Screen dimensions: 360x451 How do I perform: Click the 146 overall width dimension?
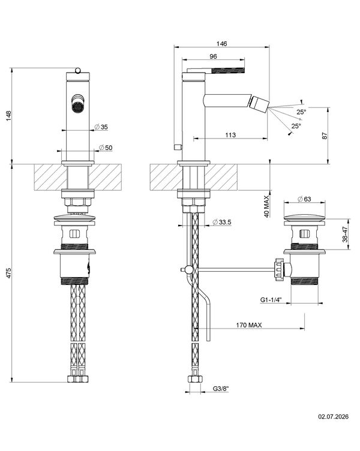pos(221,44)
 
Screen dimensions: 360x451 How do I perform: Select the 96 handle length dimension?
pos(213,56)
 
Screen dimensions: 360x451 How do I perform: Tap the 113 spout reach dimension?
pos(230,135)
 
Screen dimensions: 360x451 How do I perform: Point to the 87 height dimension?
pos(325,136)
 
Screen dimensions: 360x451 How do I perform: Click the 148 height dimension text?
pos(9,116)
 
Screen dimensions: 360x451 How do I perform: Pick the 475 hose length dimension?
pos(9,273)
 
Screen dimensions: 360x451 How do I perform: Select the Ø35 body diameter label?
pos(101,127)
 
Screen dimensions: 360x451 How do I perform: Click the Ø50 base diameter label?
pos(106,148)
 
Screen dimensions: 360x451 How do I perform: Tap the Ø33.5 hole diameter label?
pos(221,222)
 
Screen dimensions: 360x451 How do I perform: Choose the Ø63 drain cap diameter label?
pos(304,199)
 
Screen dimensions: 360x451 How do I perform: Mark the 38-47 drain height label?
pos(346,234)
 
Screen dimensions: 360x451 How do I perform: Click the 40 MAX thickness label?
pos(266,206)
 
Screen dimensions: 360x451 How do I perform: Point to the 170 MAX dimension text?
pos(249,325)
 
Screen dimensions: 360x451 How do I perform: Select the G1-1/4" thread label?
pos(271,300)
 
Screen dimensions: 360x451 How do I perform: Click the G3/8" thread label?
pos(221,389)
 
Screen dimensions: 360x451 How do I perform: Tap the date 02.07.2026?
pos(333,416)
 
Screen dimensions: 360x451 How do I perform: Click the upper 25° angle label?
pos(302,112)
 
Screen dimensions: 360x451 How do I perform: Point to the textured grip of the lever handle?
pos(228,70)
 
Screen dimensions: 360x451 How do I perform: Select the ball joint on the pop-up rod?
pos(189,270)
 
